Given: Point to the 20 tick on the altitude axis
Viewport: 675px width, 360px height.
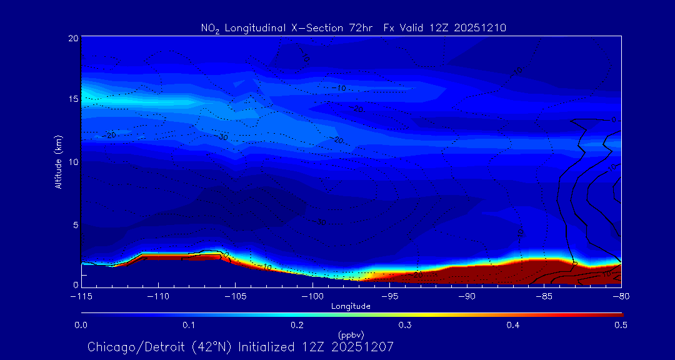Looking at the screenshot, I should (72, 38).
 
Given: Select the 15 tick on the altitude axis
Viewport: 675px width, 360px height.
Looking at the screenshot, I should (72, 99).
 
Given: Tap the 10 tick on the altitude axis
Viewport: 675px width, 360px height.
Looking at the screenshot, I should (72, 161).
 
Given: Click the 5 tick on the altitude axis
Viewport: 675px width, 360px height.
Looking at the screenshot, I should (74, 224).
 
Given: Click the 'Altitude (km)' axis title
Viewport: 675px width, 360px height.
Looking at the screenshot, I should (58, 161).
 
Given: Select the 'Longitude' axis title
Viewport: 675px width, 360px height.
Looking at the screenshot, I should (351, 306).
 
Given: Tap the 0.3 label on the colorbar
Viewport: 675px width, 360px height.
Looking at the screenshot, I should (405, 325).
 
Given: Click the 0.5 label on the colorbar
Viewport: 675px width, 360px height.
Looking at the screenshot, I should (621, 325).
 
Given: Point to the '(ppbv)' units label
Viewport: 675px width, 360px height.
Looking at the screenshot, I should (351, 334).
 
